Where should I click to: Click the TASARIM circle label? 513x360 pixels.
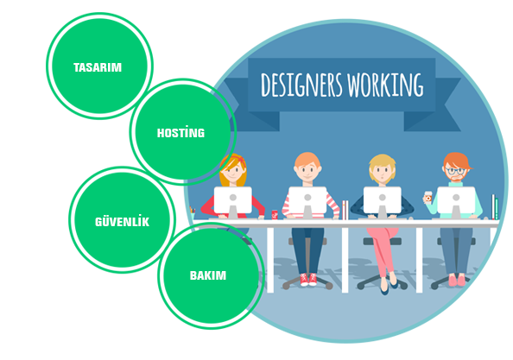[98, 67]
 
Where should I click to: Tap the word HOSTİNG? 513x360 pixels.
[180, 132]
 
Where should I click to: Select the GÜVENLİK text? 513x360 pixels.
[122, 221]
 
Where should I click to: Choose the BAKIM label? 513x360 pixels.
[208, 275]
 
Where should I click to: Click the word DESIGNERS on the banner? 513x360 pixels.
[301, 85]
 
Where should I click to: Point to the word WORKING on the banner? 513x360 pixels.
[385, 85]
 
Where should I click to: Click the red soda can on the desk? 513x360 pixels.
[275, 214]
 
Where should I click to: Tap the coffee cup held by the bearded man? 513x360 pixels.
[428, 198]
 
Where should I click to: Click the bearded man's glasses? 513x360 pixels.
[455, 170]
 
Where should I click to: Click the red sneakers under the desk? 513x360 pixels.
[308, 280]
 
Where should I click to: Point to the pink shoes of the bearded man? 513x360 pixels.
[457, 281]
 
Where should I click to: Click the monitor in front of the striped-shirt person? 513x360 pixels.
[307, 200]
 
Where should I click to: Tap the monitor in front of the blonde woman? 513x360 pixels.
[382, 200]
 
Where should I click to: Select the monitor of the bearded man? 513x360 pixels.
[456, 200]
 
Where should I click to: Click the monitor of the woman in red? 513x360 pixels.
[233, 200]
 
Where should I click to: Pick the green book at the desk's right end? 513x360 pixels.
[497, 209]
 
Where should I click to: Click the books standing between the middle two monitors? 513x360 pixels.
[345, 210]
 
